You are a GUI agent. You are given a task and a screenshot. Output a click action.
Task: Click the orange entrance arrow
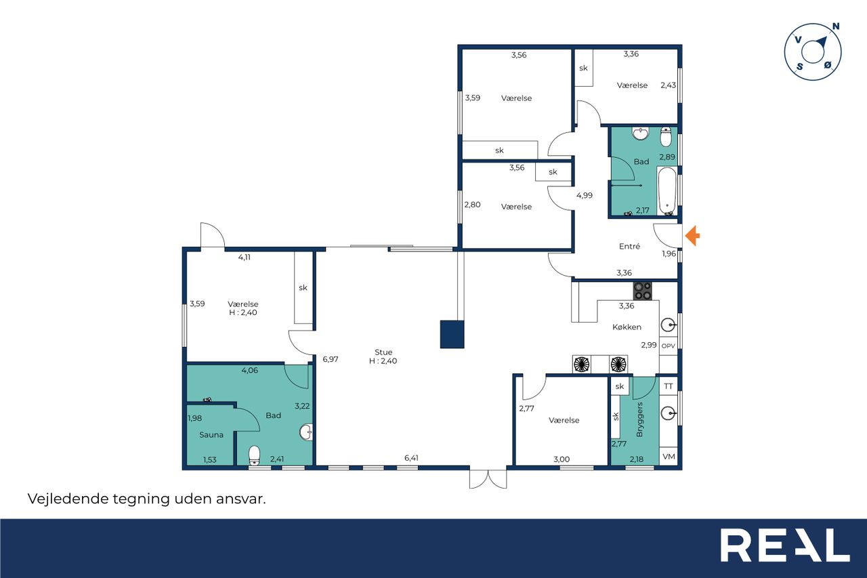[692, 236]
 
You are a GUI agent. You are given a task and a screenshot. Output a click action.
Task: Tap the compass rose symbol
[813, 52]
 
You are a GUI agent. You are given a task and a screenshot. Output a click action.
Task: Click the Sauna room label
[211, 435]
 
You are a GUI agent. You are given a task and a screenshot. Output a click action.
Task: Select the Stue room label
[383, 352]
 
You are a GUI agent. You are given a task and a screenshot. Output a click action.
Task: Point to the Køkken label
[627, 327]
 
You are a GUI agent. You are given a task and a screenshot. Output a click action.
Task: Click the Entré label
[629, 246]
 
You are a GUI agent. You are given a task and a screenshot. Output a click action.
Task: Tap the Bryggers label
[639, 419]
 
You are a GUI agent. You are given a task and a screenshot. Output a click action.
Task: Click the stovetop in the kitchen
[642, 291]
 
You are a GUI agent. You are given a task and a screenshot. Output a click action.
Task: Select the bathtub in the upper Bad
[667, 191]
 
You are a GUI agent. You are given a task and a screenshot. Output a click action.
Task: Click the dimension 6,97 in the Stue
[330, 359]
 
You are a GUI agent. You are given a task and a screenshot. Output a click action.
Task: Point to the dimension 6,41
[411, 458]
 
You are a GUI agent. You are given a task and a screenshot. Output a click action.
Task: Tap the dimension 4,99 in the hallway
[584, 196]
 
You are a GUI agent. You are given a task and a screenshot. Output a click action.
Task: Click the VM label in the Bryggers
[669, 457]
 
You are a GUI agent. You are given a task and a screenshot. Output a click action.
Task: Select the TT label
[669, 386]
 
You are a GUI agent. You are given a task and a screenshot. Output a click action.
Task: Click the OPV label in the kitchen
[668, 346]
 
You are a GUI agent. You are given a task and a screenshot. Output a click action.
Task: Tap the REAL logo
[785, 545]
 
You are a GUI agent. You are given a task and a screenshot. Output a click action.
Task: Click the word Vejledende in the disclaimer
[68, 499]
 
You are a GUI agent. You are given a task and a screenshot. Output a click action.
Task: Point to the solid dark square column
[452, 335]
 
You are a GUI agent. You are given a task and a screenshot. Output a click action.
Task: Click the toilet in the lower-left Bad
[254, 455]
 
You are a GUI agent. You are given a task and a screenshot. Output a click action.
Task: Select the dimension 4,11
[244, 257]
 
